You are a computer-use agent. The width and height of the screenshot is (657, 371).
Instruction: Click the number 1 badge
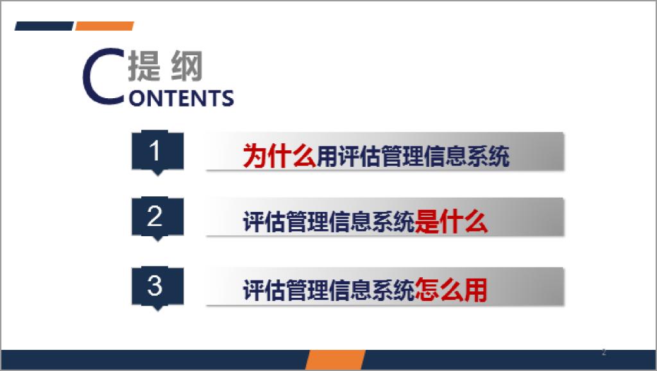click(x=158, y=151)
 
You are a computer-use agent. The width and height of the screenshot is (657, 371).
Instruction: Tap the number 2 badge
click(x=158, y=217)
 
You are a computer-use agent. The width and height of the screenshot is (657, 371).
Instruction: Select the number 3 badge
click(x=158, y=286)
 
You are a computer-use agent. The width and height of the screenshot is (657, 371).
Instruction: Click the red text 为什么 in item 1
click(x=280, y=156)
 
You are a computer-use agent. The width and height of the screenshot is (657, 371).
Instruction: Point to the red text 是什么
click(x=451, y=221)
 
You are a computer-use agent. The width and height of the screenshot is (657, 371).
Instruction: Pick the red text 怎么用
click(x=451, y=289)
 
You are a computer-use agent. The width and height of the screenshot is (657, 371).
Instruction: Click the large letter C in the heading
click(x=104, y=76)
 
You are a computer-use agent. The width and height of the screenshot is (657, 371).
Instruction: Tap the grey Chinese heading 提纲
click(x=166, y=66)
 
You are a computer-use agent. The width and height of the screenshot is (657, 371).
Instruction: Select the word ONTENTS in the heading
click(x=182, y=98)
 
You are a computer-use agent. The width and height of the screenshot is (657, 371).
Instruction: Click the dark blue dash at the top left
click(x=44, y=26)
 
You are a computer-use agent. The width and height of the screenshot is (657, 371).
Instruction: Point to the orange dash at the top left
click(x=105, y=26)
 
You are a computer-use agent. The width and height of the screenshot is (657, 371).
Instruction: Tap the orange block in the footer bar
click(x=335, y=359)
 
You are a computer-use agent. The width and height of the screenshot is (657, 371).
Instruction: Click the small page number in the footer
click(x=604, y=352)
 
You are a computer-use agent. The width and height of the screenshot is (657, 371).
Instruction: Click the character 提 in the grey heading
click(x=144, y=66)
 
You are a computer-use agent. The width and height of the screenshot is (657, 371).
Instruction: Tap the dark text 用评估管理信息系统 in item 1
click(x=413, y=156)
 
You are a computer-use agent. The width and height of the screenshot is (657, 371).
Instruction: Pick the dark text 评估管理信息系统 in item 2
click(x=328, y=221)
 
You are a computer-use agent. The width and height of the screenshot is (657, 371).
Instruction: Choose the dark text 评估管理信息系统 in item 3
click(x=328, y=289)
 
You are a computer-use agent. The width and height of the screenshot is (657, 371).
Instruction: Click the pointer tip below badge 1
click(x=158, y=176)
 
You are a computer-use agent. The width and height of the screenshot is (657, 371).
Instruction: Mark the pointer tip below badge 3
click(x=158, y=311)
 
